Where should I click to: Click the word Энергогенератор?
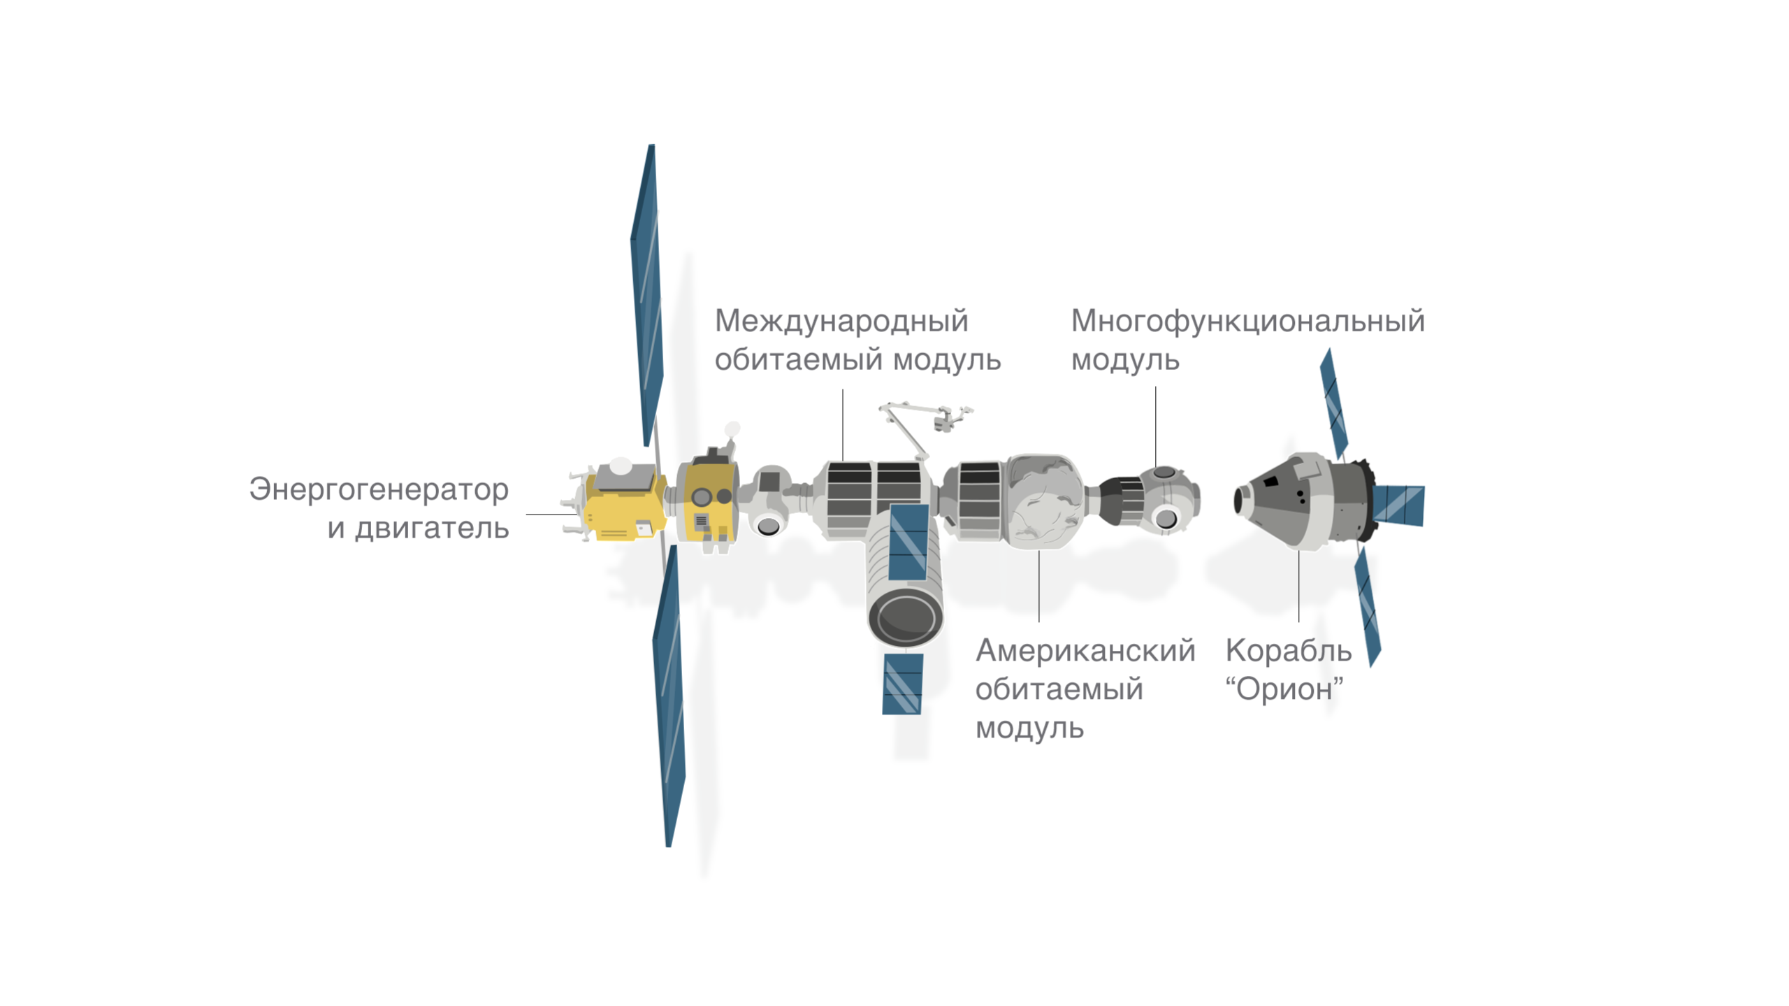(x=378, y=490)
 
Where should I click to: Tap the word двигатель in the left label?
(x=431, y=528)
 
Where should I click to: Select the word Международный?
(x=841, y=322)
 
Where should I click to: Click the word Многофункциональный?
(x=1247, y=322)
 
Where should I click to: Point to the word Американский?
(x=1085, y=650)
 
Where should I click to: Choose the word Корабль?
(x=1288, y=650)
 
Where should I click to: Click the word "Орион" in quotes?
(x=1284, y=689)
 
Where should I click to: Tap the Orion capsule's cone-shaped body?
(x=1279, y=500)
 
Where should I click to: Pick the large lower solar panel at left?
(x=669, y=696)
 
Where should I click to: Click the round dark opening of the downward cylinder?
(x=906, y=617)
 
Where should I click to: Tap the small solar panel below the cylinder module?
(x=902, y=684)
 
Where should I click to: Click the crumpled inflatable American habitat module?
(x=1043, y=501)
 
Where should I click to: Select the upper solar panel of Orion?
(x=1333, y=404)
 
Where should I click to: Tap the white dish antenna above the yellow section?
(x=732, y=430)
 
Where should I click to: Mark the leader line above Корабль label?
(x=1298, y=586)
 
